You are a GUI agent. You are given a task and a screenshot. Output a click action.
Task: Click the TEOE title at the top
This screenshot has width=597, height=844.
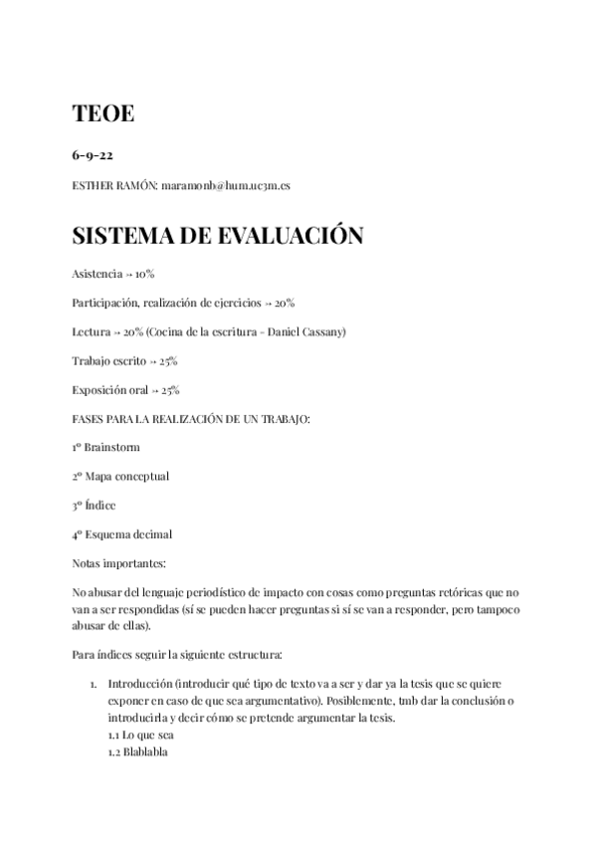click(103, 114)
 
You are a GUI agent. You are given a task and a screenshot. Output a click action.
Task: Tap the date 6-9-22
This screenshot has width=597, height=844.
click(93, 156)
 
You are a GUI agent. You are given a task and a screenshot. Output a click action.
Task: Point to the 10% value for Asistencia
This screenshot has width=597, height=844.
click(144, 273)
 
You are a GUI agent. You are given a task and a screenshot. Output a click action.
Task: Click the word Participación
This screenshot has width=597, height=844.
click(104, 302)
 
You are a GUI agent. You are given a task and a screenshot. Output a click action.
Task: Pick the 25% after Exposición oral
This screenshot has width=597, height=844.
click(170, 389)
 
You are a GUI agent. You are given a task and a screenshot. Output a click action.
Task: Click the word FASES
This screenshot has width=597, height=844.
click(90, 418)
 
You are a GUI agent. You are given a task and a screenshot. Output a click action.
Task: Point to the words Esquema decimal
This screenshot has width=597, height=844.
click(128, 533)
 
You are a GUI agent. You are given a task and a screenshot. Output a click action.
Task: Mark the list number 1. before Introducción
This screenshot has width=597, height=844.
click(93, 685)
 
